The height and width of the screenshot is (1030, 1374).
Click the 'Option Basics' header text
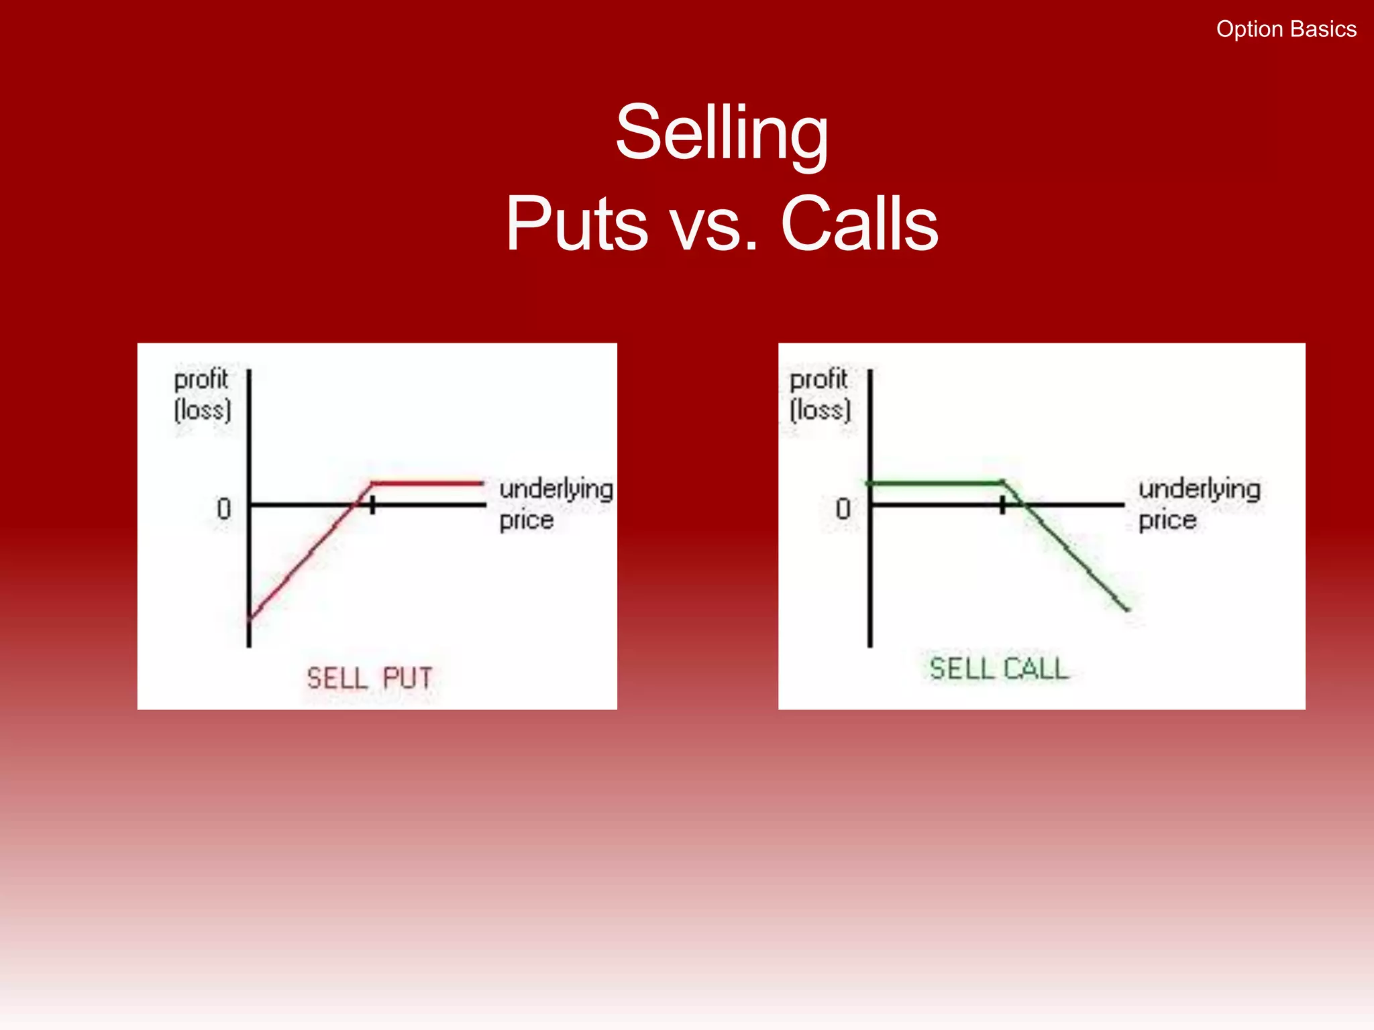(x=1286, y=30)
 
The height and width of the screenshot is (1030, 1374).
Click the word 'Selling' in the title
(x=722, y=133)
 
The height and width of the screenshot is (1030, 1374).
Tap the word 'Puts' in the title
(x=576, y=224)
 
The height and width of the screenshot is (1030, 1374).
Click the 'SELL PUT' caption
(x=370, y=679)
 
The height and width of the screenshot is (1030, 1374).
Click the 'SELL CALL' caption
(x=998, y=669)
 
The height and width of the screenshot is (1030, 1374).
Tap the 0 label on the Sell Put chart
(x=224, y=510)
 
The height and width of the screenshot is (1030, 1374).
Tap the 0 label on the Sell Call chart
(x=843, y=510)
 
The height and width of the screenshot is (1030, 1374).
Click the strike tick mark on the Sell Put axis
(x=372, y=505)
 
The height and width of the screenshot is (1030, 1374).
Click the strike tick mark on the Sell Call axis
(x=1002, y=505)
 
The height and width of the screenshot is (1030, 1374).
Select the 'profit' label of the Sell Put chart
(x=201, y=380)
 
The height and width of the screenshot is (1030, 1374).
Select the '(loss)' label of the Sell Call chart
(x=820, y=410)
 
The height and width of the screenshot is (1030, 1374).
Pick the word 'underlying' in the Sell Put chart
(x=556, y=489)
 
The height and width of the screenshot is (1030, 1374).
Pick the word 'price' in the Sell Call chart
(x=1167, y=520)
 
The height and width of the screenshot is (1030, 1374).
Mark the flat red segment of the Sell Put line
(x=428, y=483)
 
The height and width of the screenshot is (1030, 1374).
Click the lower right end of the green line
(x=1127, y=609)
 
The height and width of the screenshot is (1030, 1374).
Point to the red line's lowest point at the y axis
(x=250, y=618)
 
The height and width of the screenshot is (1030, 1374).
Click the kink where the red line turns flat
(x=373, y=483)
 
